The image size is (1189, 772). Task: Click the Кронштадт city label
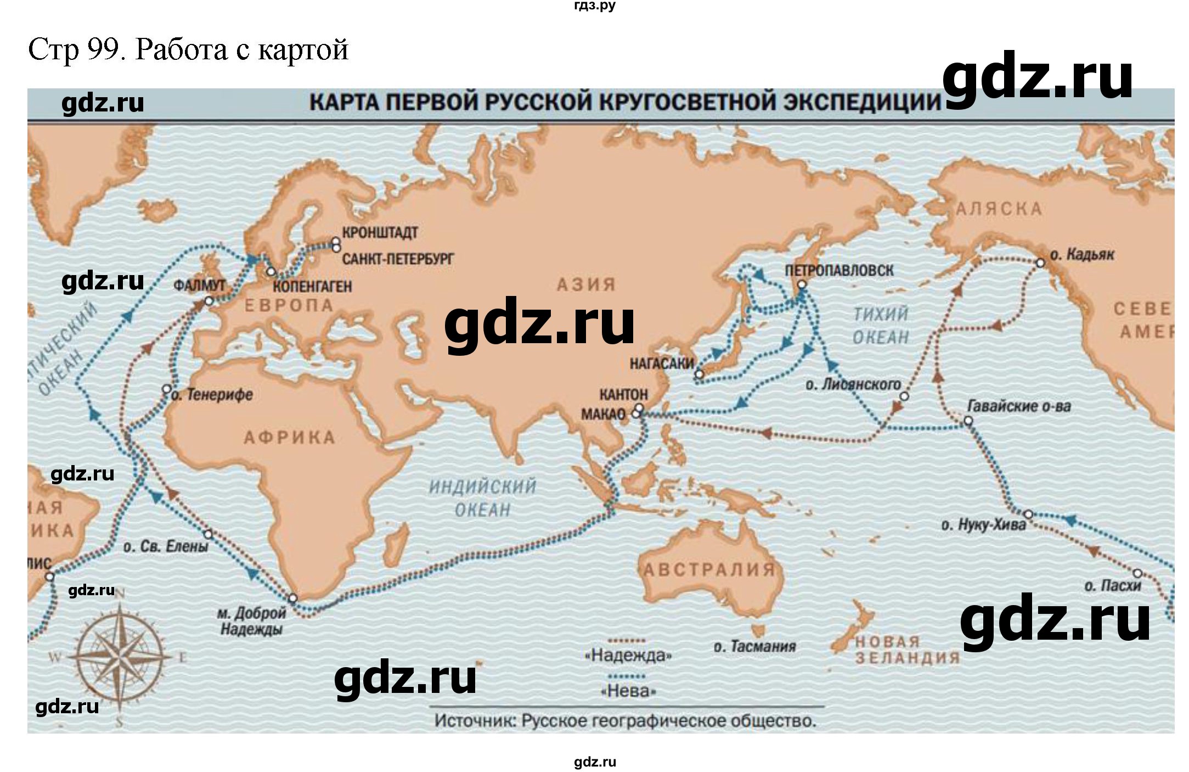[x=380, y=232]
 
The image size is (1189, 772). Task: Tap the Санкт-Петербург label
[x=398, y=258]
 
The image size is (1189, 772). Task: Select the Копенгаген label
[x=312, y=286]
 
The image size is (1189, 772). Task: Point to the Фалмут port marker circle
[x=209, y=301]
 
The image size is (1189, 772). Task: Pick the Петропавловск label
[x=839, y=270]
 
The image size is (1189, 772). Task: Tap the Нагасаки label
[x=662, y=363]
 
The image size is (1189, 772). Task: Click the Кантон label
[x=623, y=394]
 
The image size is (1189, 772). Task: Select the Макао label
[x=604, y=414]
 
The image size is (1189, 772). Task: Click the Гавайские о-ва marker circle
[x=968, y=421]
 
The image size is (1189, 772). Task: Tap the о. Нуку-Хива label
[x=983, y=525]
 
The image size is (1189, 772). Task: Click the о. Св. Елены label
[x=166, y=547]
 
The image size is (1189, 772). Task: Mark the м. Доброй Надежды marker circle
[x=293, y=598]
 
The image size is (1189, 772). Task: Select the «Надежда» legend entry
[x=628, y=655]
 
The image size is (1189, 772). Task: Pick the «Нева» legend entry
[x=629, y=691]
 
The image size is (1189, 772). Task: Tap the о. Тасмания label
[x=754, y=646]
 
